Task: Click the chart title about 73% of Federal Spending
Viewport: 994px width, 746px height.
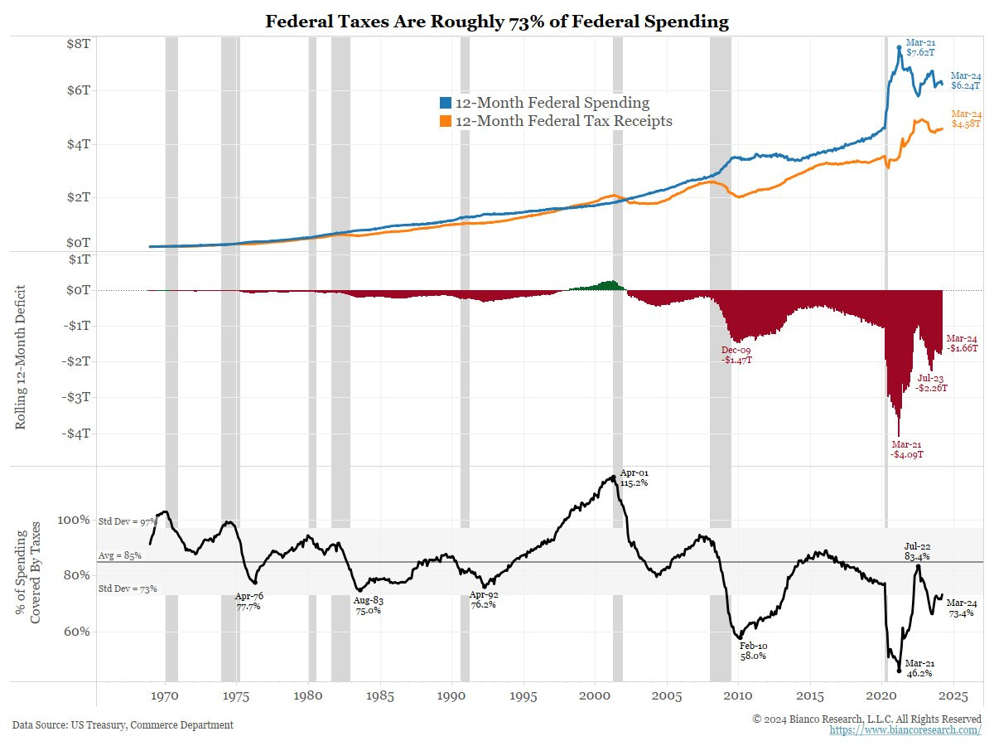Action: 497,22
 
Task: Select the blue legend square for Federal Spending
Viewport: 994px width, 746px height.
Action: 446,103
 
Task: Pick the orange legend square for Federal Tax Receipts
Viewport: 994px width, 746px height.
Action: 446,122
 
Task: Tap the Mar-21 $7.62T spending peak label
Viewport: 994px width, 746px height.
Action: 921,47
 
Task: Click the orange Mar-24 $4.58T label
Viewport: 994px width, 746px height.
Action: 965,119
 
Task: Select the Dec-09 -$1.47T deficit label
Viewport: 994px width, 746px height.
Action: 736,356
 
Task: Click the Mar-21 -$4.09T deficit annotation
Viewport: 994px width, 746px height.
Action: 907,449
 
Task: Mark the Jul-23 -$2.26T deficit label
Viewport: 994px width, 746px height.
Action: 932,382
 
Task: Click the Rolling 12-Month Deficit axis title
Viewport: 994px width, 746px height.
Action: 22,357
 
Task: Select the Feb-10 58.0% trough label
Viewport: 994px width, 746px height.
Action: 753,650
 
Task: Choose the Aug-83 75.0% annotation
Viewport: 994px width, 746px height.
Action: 367,604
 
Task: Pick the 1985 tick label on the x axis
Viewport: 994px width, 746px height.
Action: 380,694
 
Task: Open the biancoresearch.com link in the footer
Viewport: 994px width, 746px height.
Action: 905,729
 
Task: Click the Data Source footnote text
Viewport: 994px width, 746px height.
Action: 123,725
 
